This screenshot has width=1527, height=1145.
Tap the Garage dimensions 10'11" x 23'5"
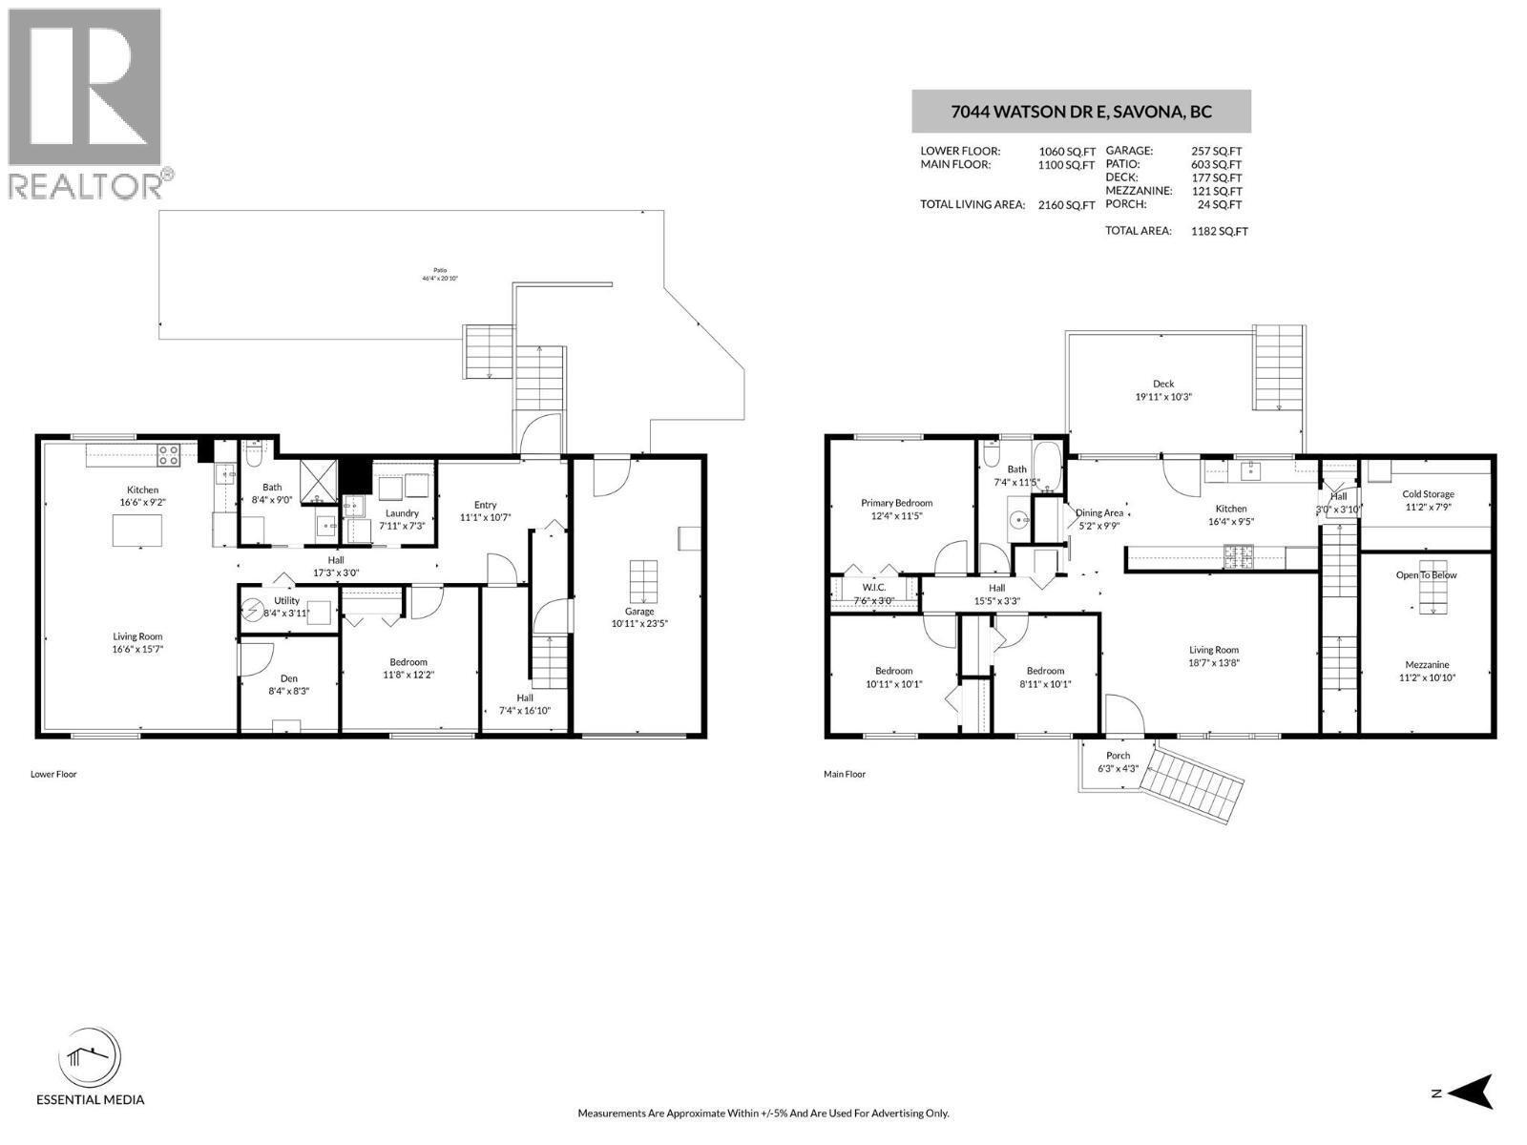639,624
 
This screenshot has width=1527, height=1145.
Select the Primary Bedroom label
896,503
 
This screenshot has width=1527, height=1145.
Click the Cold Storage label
1428,494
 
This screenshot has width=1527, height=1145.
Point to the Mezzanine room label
1427,665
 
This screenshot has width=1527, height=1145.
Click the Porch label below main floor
1118,756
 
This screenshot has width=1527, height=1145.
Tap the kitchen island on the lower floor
137,530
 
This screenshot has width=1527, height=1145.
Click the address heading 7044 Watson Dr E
1080,112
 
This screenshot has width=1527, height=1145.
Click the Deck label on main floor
1163,384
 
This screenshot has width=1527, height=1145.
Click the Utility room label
286,600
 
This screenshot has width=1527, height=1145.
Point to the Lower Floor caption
53,774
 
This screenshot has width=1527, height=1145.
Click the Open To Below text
1427,575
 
